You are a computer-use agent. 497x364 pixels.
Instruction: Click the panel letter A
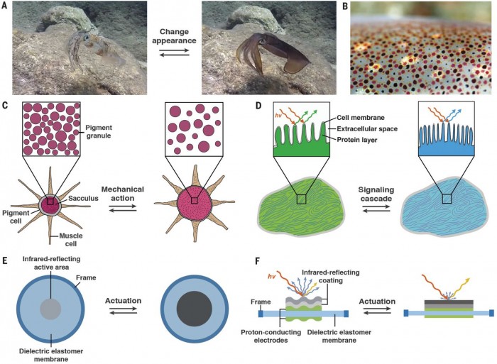click(x=6, y=6)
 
